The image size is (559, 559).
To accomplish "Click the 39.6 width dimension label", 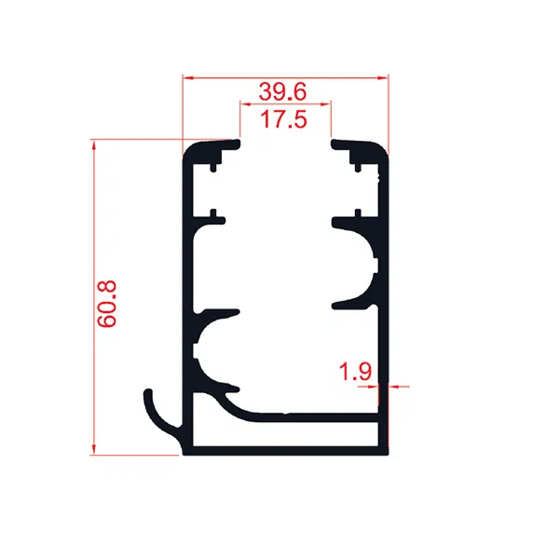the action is [282, 91].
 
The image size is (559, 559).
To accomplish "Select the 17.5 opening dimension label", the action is [283, 119].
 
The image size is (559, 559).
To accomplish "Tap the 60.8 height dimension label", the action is [107, 304].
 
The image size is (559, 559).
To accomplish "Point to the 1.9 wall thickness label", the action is [355, 371].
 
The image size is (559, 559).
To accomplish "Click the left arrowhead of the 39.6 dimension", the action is [188, 77].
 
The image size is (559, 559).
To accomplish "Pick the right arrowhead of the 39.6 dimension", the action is [383, 77].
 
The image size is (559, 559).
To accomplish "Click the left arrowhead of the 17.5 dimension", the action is [245, 104].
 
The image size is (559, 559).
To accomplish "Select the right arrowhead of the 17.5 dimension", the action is [326, 104].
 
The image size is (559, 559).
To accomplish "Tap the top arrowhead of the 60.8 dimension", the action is [94, 144].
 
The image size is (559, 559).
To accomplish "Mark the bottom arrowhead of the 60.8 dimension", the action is [94, 450].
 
